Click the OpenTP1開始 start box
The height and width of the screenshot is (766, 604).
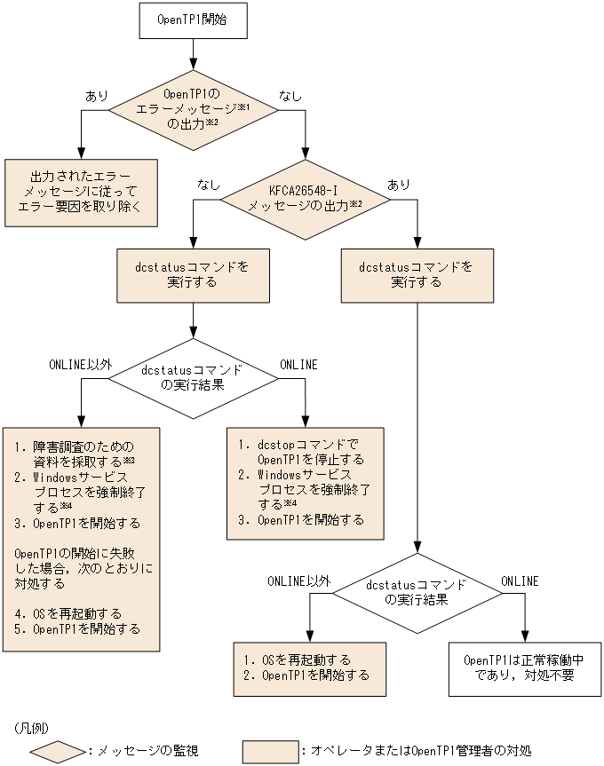point(191,20)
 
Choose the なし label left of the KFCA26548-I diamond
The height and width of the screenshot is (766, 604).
point(209,184)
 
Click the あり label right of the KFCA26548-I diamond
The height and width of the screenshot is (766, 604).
point(399,184)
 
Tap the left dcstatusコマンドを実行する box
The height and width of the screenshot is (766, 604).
point(193,274)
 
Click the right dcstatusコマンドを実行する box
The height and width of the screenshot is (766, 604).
point(416,274)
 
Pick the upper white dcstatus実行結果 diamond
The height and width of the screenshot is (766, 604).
point(193,377)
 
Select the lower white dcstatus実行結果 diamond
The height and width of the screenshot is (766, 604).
point(416,592)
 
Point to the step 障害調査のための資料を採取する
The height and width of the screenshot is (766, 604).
point(82,453)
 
